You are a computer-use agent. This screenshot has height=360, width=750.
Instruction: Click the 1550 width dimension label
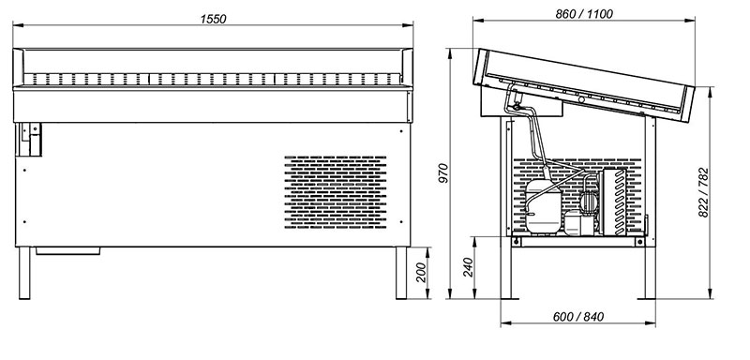click(x=214, y=19)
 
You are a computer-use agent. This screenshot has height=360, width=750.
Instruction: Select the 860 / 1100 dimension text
click(x=583, y=14)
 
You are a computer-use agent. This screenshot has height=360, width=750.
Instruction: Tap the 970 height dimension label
click(x=443, y=172)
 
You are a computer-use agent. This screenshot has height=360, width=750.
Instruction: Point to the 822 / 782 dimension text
click(x=703, y=192)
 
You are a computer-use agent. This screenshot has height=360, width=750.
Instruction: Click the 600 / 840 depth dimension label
click(x=578, y=317)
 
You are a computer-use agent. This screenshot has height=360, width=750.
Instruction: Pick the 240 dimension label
click(x=468, y=267)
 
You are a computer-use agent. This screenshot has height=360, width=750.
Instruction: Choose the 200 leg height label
click(x=420, y=273)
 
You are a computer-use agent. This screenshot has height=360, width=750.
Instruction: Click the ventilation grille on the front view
click(x=336, y=191)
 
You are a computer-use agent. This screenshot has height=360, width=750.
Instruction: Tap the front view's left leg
click(x=24, y=273)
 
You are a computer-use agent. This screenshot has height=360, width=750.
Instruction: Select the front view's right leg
click(x=401, y=273)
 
